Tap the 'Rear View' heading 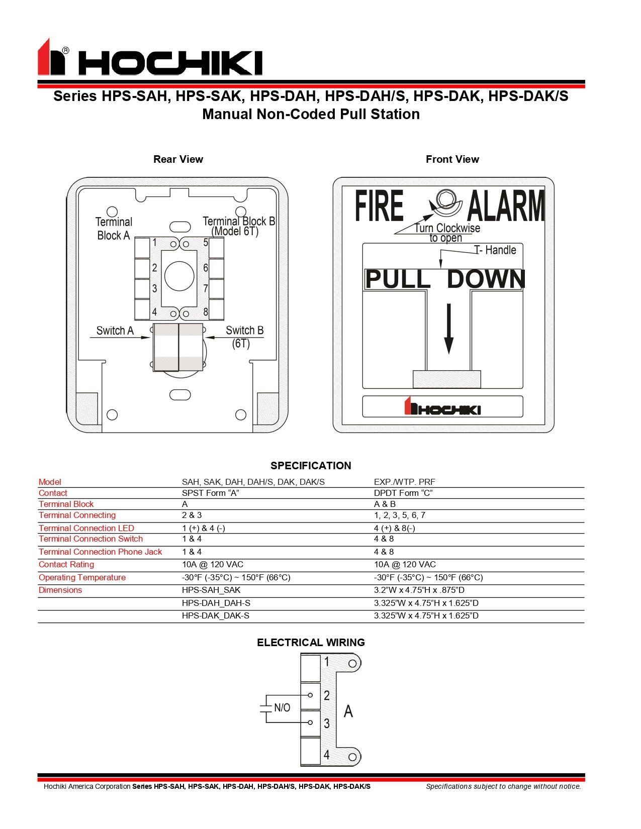[x=178, y=159]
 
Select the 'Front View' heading [x=452, y=159]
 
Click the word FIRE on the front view [x=380, y=205]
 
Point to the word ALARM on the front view [x=505, y=206]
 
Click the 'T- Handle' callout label [x=495, y=250]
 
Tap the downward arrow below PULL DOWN [x=449, y=329]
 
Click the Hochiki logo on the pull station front [x=442, y=407]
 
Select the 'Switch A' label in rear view [x=115, y=331]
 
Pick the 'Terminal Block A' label [x=114, y=229]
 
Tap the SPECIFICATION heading [x=311, y=465]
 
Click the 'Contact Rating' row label [x=66, y=564]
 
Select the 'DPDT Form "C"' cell [x=403, y=493]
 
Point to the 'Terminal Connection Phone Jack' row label [x=100, y=552]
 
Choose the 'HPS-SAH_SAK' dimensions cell [x=208, y=590]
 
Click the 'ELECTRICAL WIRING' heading [x=311, y=642]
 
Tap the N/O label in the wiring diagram [x=282, y=707]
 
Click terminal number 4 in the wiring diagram [x=326, y=755]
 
